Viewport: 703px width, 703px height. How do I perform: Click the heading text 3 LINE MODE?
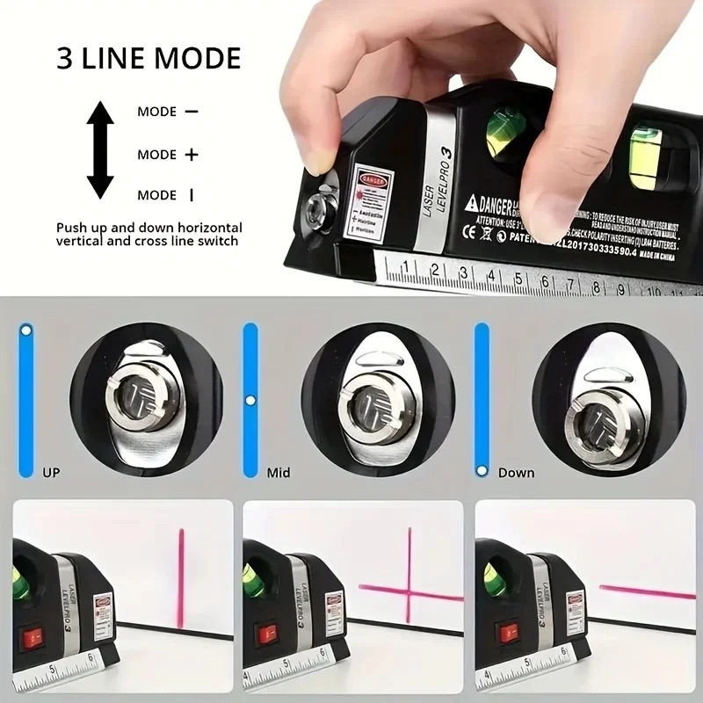pyautogui.click(x=149, y=59)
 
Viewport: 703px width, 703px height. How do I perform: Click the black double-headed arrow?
pyautogui.click(x=100, y=149)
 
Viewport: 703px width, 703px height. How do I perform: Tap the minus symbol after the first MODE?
pyautogui.click(x=192, y=112)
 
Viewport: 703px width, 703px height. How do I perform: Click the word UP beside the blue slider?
pyautogui.click(x=52, y=473)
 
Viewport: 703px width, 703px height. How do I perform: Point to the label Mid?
pyautogui.click(x=279, y=473)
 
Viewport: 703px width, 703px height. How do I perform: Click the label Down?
pyautogui.click(x=516, y=473)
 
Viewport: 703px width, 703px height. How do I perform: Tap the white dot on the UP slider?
pyautogui.click(x=25, y=331)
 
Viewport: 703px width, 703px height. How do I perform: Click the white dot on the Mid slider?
pyautogui.click(x=250, y=401)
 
